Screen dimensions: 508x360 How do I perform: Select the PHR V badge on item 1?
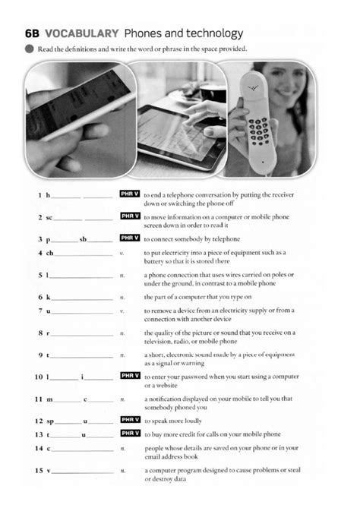pos(130,194)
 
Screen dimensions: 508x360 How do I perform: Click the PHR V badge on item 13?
pos(130,433)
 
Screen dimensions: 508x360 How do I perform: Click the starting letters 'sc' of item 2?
pos(49,216)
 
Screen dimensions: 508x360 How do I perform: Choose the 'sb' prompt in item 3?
pos(85,238)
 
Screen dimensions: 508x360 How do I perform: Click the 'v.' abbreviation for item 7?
pos(122,311)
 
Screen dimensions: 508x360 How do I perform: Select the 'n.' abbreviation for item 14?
pos(122,449)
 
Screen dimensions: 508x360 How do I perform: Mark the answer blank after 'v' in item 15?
pos(82,472)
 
